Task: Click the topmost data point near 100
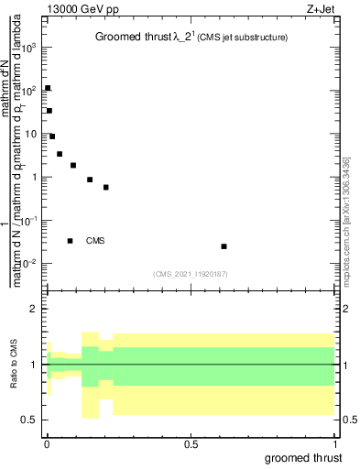coord(48,88)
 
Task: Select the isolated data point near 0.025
coord(224,246)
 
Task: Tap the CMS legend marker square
coord(70,241)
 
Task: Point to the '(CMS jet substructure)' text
coord(243,38)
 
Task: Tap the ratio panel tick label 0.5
coord(30,420)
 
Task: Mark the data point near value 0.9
coord(90,180)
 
